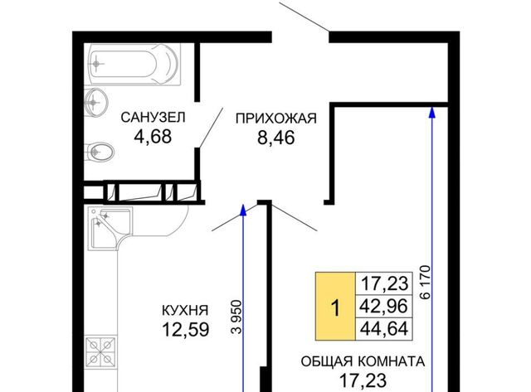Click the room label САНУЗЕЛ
coord(153,118)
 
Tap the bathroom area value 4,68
coord(153,137)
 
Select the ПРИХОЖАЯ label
coord(276,119)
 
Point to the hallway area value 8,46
coord(276,138)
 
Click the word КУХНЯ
coord(185,311)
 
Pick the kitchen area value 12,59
coord(186,329)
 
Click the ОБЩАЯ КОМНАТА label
coord(363,361)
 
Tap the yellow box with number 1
coord(335,306)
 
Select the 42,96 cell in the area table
coord(383,307)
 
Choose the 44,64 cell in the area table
coord(383,329)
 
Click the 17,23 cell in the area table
coord(383,283)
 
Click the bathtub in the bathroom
coord(134,64)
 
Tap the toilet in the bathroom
coord(100,152)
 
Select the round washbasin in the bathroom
coord(96,102)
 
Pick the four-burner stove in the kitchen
coord(100,350)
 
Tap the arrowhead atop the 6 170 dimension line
coord(431,113)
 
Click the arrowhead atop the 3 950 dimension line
coord(243,210)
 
